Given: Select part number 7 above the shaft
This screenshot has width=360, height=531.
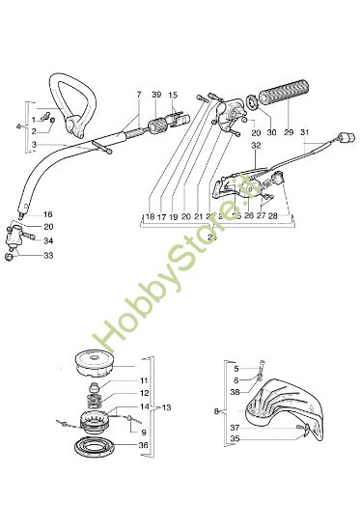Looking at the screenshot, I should [138, 94].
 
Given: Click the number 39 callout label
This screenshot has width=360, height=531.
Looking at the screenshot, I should [156, 94].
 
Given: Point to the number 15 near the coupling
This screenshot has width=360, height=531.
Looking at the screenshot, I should [174, 94].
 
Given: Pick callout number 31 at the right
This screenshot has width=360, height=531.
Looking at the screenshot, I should [305, 132].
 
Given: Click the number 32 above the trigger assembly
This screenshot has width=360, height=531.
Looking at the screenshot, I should [256, 145].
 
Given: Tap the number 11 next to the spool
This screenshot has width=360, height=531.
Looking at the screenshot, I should [145, 381].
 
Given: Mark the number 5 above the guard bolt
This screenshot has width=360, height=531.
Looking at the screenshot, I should [235, 368].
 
